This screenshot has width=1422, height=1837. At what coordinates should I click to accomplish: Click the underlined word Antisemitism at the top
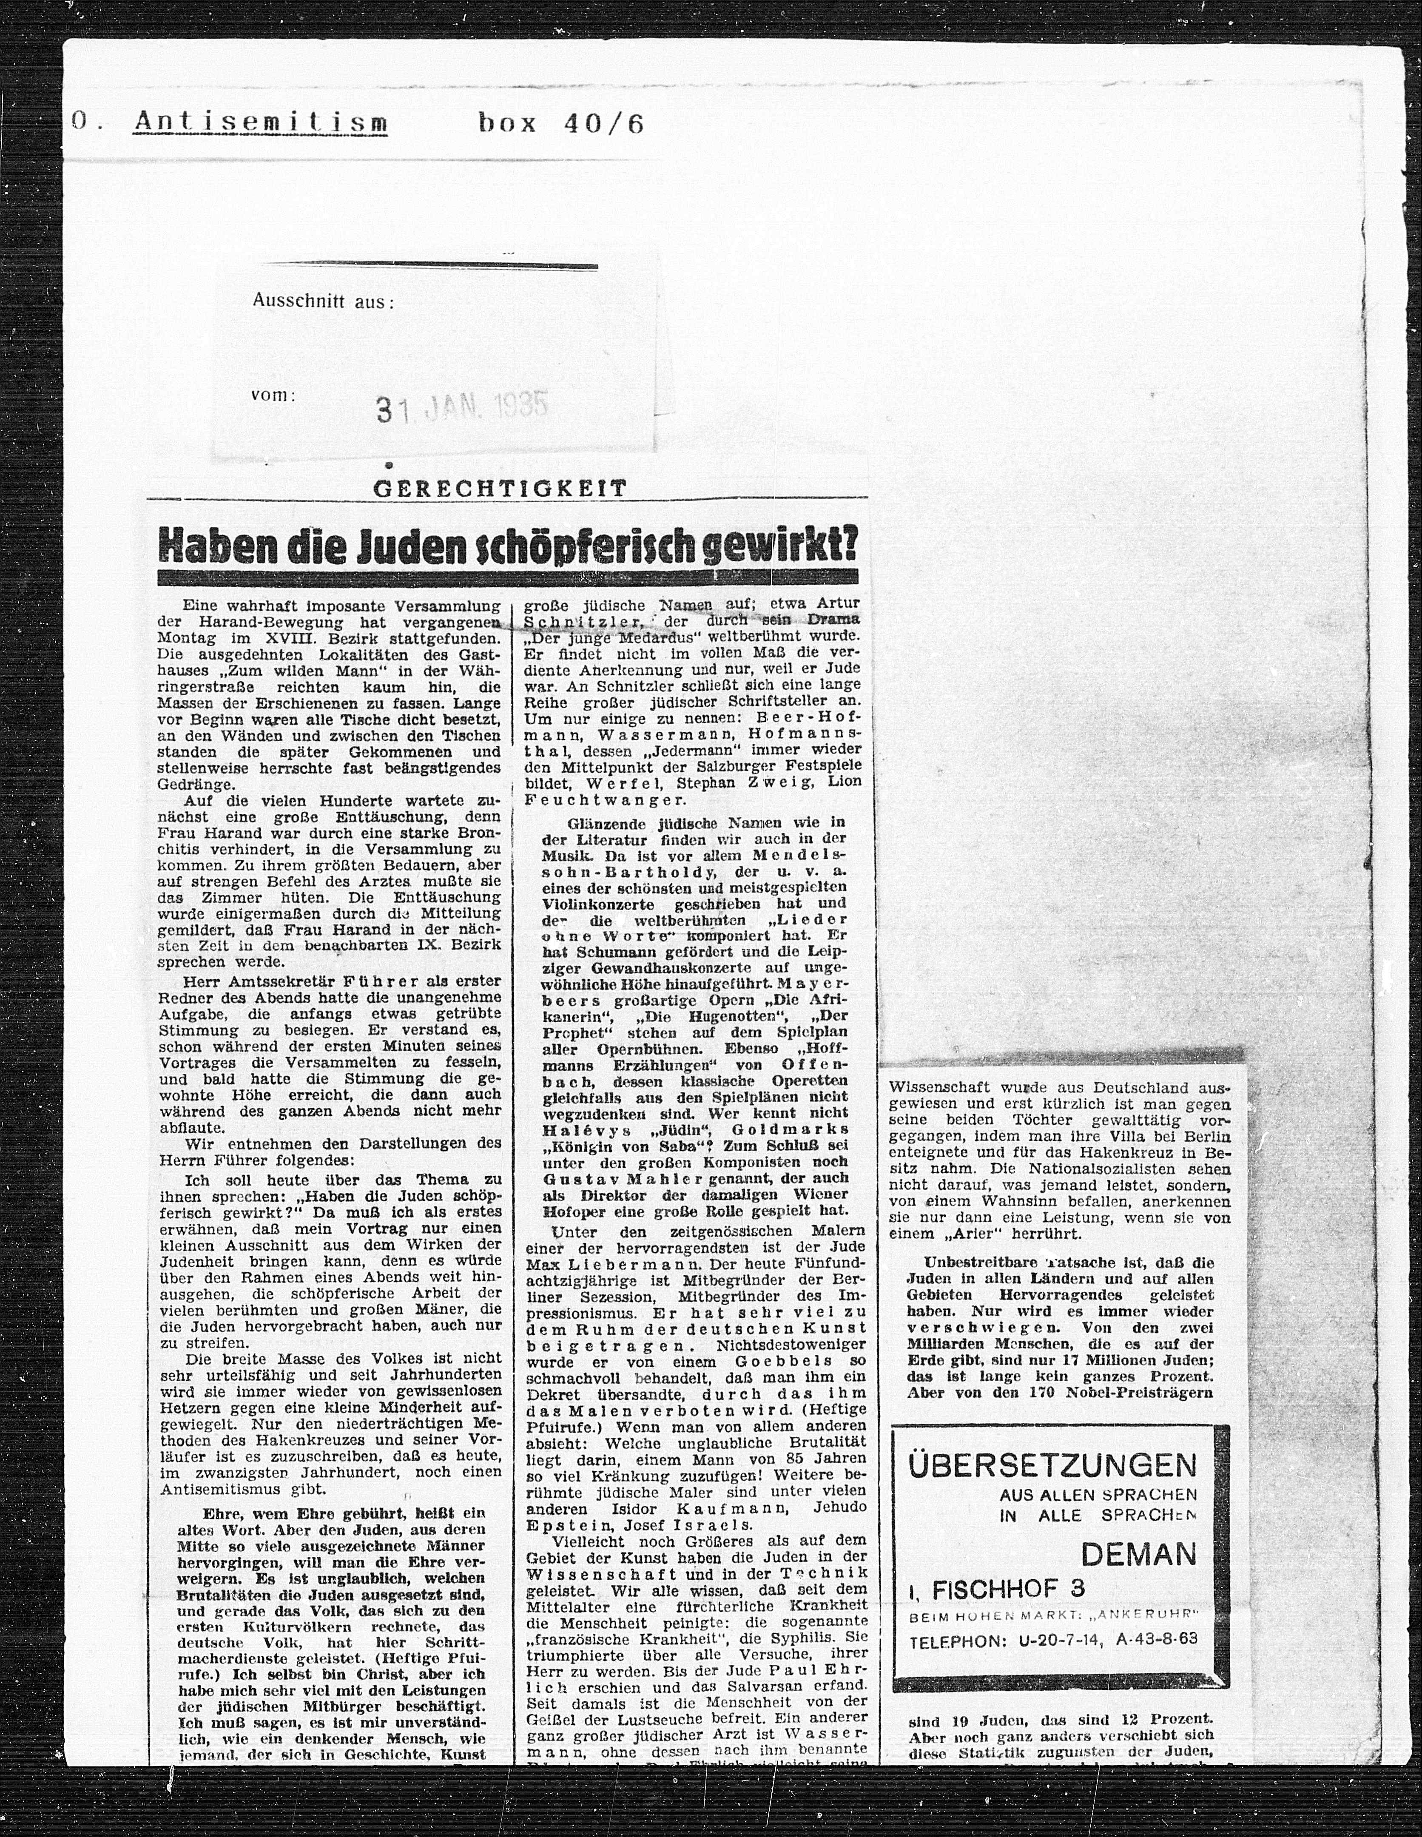point(261,124)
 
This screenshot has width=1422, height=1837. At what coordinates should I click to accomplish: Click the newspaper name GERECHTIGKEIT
point(501,489)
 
